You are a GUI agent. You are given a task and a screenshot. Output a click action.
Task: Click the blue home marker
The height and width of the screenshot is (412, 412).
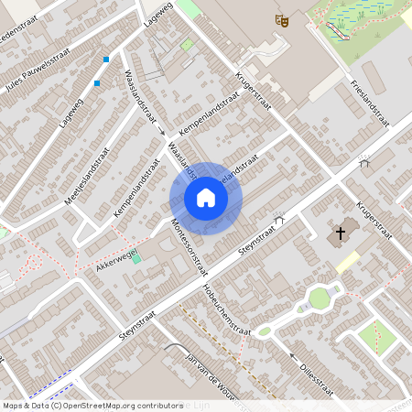[x=206, y=198]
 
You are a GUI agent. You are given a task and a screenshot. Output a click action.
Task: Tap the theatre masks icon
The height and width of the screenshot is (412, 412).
[x=283, y=19]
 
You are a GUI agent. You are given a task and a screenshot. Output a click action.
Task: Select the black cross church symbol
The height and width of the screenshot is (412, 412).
[x=341, y=233]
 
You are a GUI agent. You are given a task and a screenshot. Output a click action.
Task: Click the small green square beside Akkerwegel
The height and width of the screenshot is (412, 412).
[x=136, y=259]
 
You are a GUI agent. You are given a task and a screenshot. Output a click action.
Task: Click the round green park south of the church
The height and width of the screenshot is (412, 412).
[x=319, y=298]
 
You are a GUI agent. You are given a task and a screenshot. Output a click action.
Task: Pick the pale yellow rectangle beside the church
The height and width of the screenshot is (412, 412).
[x=347, y=262]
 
